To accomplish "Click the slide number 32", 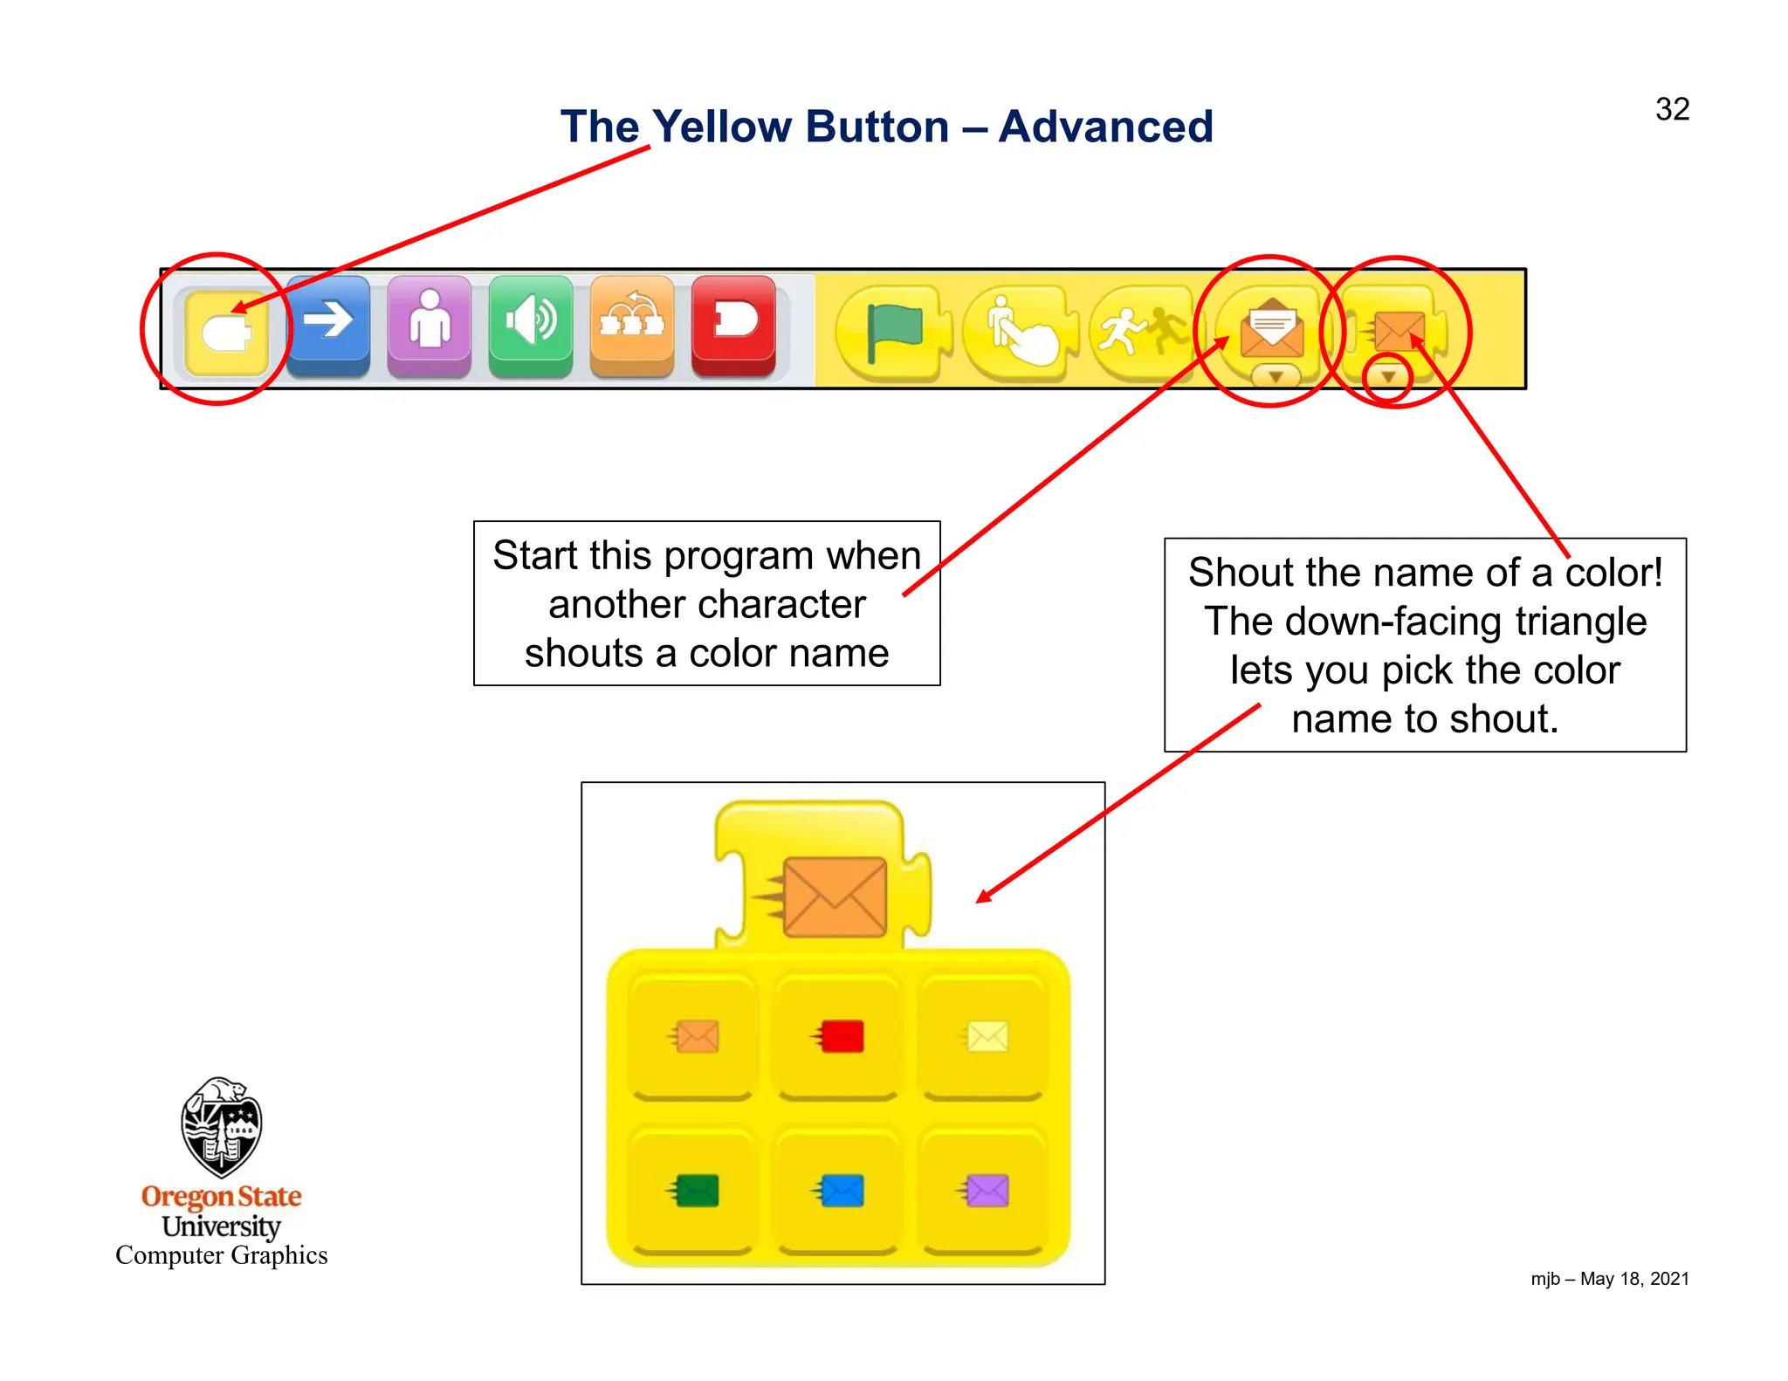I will pos(1671,109).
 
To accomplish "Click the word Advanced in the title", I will pos(1105,127).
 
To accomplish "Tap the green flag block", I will pos(893,333).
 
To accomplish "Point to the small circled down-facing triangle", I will pos(1387,378).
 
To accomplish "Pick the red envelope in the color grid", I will pos(839,1037).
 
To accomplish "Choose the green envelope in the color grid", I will pos(694,1191).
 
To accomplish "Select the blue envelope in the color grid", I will pos(839,1191).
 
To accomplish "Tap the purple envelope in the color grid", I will pos(985,1191).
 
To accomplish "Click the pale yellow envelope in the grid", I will pos(985,1037).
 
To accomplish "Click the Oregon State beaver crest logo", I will pos(221,1127).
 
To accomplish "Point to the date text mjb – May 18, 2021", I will pos(1609,1279).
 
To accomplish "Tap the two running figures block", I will pos(1142,333).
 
